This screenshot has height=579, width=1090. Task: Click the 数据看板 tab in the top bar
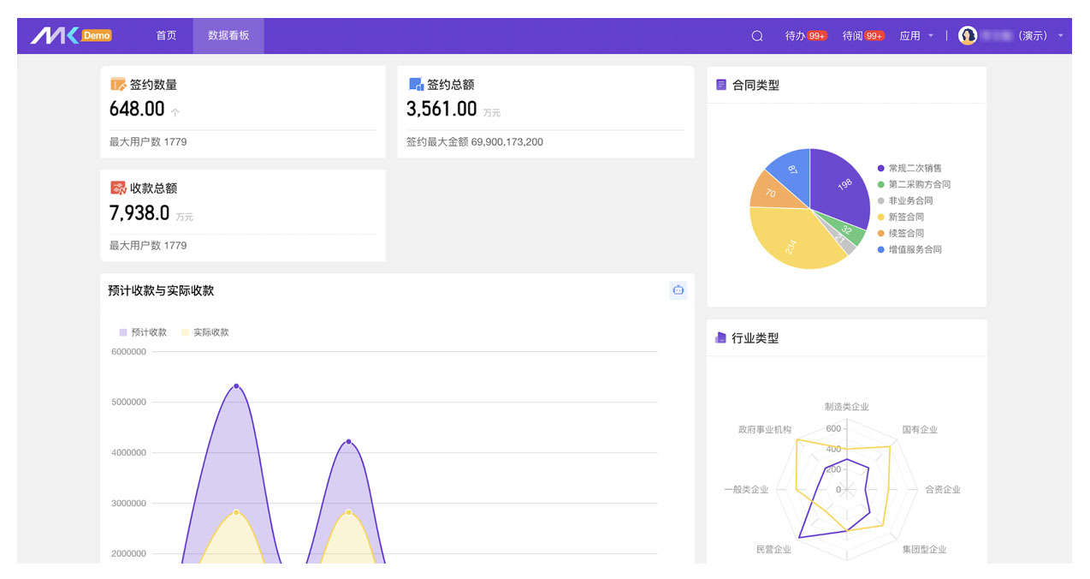tap(228, 36)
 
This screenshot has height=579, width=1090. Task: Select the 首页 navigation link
tap(166, 36)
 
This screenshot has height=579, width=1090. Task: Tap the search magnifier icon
tap(757, 36)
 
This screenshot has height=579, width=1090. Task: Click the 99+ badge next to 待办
tap(817, 36)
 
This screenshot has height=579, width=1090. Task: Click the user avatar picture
tap(968, 36)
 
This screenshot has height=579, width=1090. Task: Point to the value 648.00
tap(137, 110)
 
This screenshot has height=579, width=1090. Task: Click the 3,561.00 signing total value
tap(441, 110)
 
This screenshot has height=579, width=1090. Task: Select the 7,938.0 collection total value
tap(139, 213)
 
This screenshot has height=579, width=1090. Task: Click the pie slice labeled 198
tap(843, 184)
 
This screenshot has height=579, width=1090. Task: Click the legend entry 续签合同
tap(905, 233)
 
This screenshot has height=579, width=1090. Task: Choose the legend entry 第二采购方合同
tap(918, 184)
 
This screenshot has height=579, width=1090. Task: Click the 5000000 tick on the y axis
tap(128, 402)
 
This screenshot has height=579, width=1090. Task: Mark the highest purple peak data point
tap(236, 386)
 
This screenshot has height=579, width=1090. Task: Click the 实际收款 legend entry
tap(210, 332)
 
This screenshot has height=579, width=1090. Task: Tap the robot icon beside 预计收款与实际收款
tap(678, 290)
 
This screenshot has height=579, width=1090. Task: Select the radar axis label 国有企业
tap(920, 430)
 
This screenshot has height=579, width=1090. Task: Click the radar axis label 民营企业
tap(773, 549)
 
